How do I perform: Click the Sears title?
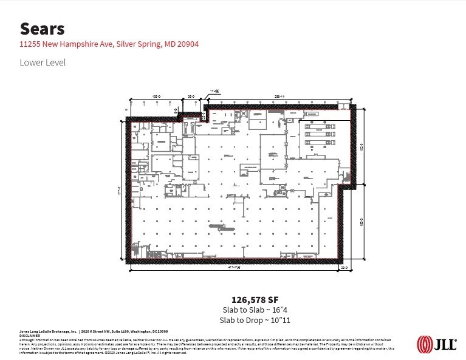click(42, 28)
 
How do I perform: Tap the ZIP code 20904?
click(187, 44)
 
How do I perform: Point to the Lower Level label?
click(42, 62)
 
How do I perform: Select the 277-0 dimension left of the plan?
click(119, 189)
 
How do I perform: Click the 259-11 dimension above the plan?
click(279, 97)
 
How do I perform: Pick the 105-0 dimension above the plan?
click(155, 97)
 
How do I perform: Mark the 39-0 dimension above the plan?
click(191, 97)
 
